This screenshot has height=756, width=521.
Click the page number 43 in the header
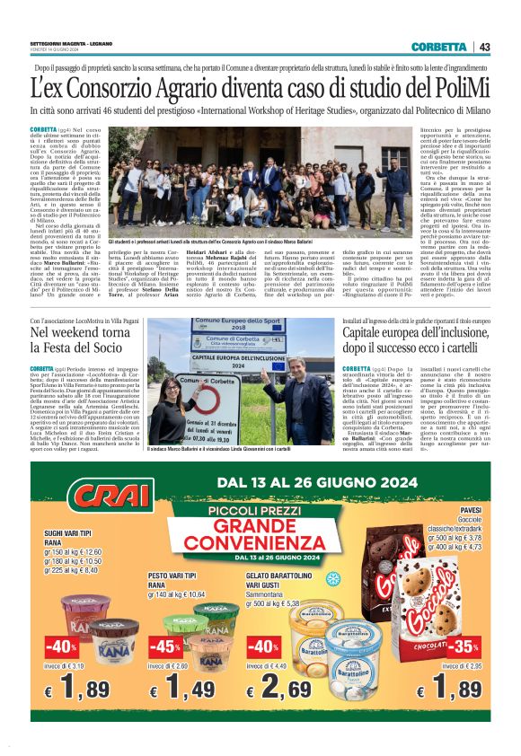(x=485, y=47)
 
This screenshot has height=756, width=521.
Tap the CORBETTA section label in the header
(x=438, y=47)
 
